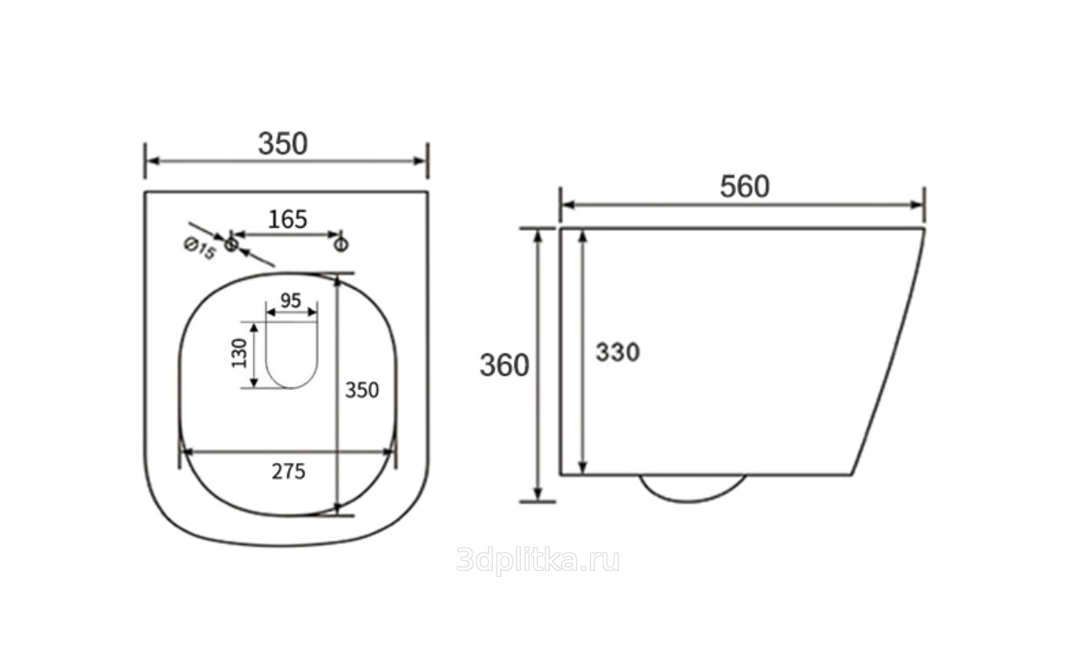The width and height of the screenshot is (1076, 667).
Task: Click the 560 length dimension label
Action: point(745,186)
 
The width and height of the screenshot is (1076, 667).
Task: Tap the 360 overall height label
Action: point(504,365)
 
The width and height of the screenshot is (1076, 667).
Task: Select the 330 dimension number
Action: point(618,352)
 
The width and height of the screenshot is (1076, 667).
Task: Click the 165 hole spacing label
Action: point(287,219)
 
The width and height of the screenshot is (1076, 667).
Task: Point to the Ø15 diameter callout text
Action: point(200,249)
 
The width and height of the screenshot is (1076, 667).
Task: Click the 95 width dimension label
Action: point(291,301)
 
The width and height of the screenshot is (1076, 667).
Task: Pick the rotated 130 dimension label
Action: point(239,353)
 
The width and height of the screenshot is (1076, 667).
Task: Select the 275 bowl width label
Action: point(288,472)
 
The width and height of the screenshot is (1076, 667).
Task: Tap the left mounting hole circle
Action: point(231,245)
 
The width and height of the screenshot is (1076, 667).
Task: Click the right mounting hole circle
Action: point(341,245)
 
